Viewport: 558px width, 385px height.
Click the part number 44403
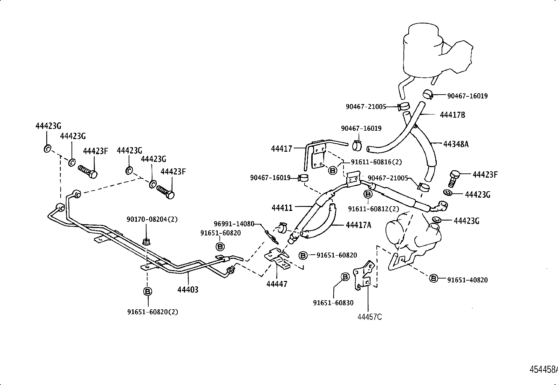[188, 290]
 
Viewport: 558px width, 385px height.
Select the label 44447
[277, 284]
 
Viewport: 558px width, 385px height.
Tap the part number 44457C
[370, 317]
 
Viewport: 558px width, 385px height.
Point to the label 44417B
[452, 115]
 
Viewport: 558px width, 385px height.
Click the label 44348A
[456, 144]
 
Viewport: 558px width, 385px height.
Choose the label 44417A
[358, 225]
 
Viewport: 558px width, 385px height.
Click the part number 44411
[282, 208]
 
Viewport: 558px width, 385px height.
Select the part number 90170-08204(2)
[152, 219]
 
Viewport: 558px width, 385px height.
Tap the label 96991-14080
[234, 224]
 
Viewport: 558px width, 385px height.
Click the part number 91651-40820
[467, 280]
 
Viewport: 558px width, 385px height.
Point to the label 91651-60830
[333, 303]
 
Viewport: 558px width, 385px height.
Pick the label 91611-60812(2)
[373, 209]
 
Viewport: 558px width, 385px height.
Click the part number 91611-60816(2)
[376, 162]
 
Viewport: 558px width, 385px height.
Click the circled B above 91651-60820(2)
[148, 291]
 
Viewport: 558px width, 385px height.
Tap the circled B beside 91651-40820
[434, 279]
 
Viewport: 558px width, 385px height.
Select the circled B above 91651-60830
[345, 277]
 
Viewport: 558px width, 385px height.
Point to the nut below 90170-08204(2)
[146, 241]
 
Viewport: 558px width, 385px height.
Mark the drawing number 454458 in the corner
[543, 370]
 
